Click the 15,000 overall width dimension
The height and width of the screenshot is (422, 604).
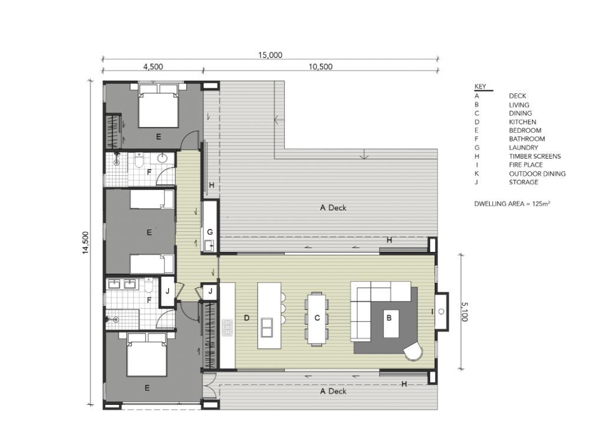pyautogui.click(x=270, y=55)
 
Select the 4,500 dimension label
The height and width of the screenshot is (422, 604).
pyautogui.click(x=153, y=67)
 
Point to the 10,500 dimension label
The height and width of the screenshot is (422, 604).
pyautogui.click(x=320, y=67)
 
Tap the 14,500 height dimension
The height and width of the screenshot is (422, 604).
pyautogui.click(x=86, y=243)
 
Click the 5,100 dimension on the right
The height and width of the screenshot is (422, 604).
pyautogui.click(x=465, y=312)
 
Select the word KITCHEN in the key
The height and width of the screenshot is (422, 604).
pyautogui.click(x=523, y=122)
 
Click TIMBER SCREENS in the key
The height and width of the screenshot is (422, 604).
pyautogui.click(x=534, y=156)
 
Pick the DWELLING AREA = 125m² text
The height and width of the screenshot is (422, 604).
pyautogui.click(x=512, y=204)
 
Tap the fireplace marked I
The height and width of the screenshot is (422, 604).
pyautogui.click(x=441, y=312)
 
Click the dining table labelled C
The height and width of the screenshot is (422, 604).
pyautogui.click(x=317, y=318)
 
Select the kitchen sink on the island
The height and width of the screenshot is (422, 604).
pyautogui.click(x=266, y=327)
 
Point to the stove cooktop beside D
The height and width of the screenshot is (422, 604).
pyautogui.click(x=227, y=328)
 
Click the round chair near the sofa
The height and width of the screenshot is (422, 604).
pyautogui.click(x=413, y=351)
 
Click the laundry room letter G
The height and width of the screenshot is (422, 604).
pyautogui.click(x=210, y=232)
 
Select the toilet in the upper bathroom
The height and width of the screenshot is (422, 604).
pyautogui.click(x=139, y=161)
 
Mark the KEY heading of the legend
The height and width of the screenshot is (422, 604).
pyautogui.click(x=480, y=86)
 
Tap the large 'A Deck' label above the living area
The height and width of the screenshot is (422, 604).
pyautogui.click(x=333, y=208)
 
